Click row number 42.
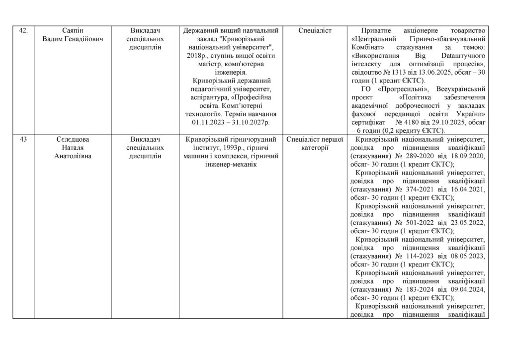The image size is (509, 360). click(x=22, y=31)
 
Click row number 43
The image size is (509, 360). click(x=23, y=139)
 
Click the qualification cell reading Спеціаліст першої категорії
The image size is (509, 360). click(x=315, y=143)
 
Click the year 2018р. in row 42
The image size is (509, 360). click(x=192, y=55)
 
